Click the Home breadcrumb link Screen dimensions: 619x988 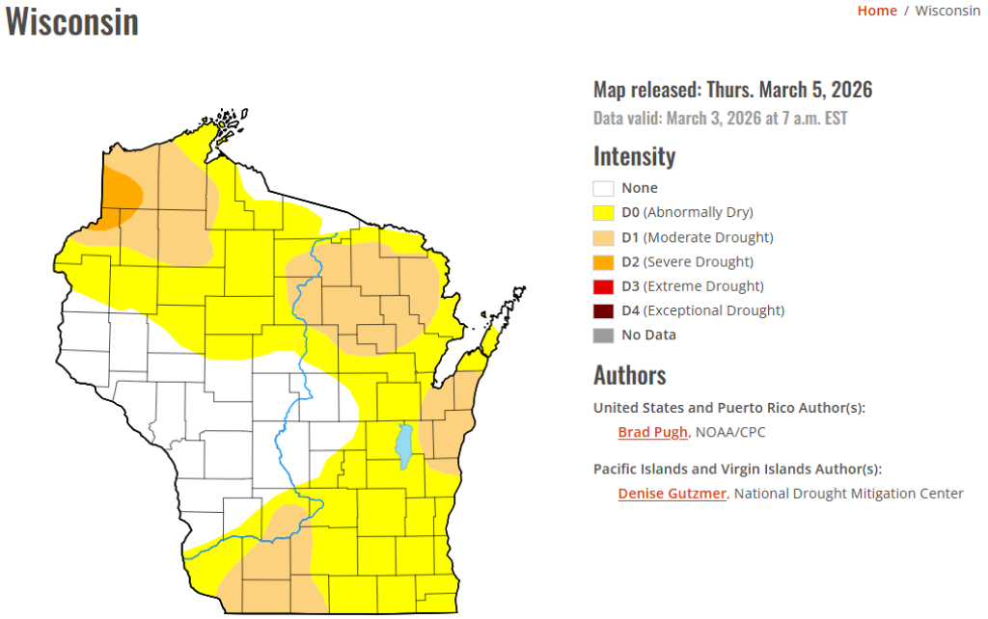pyautogui.click(x=876, y=11)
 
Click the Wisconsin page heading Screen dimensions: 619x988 pyautogui.click(x=72, y=22)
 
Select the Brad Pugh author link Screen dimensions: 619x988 pyautogui.click(x=652, y=432)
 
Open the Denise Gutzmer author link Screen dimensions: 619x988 pyautogui.click(x=672, y=494)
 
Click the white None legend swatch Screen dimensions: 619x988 pyautogui.click(x=604, y=188)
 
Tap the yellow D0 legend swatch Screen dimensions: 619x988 pyautogui.click(x=604, y=212)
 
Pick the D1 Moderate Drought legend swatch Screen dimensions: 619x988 pyautogui.click(x=604, y=237)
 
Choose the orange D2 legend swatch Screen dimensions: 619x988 pyautogui.click(x=604, y=261)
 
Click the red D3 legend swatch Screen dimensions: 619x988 pyautogui.click(x=604, y=286)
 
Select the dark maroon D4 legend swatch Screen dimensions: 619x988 pyautogui.click(x=604, y=310)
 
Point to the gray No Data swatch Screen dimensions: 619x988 pyautogui.click(x=604, y=336)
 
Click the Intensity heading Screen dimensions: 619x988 pyautogui.click(x=634, y=156)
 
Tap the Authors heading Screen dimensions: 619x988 pyautogui.click(x=629, y=375)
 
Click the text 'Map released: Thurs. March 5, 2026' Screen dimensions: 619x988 pyautogui.click(x=732, y=90)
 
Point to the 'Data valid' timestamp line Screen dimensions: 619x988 pyautogui.click(x=720, y=119)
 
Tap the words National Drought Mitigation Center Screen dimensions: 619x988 pyautogui.click(x=850, y=494)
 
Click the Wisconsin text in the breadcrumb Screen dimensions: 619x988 pyautogui.click(x=947, y=11)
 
